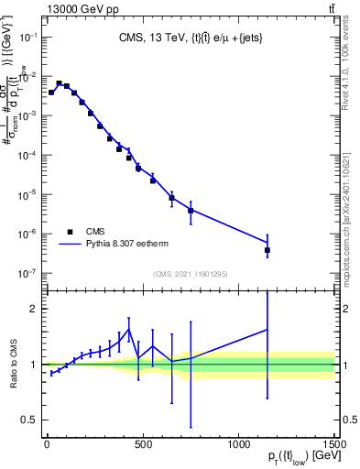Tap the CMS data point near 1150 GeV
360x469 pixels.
(x=267, y=250)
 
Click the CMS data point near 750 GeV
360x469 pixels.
(x=191, y=211)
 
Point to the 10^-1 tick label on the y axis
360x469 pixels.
(x=27, y=38)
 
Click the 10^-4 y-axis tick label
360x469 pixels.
(x=27, y=156)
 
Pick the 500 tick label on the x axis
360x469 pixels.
(x=142, y=444)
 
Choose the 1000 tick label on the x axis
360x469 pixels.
(x=238, y=444)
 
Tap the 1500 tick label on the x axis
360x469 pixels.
(x=333, y=444)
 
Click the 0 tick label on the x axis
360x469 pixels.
(x=47, y=444)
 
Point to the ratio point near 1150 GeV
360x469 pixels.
(x=267, y=330)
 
